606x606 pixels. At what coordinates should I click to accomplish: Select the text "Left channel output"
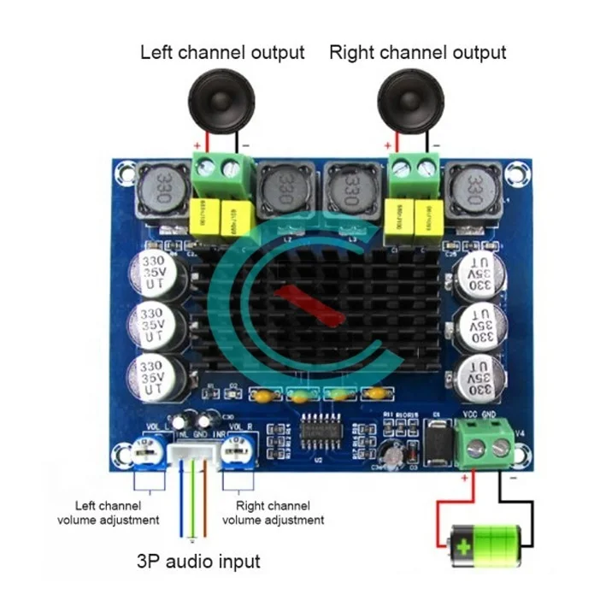pos(222,52)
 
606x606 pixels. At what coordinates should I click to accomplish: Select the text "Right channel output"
pos(418,52)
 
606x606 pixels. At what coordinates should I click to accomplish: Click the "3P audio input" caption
pos(197,562)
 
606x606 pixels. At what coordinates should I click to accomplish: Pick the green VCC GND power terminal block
pos(483,443)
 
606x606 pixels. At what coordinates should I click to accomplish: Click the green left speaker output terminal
pos(215,175)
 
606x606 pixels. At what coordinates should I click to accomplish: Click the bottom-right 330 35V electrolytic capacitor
pos(478,378)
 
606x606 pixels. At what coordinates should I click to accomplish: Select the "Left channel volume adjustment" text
pos(109,512)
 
